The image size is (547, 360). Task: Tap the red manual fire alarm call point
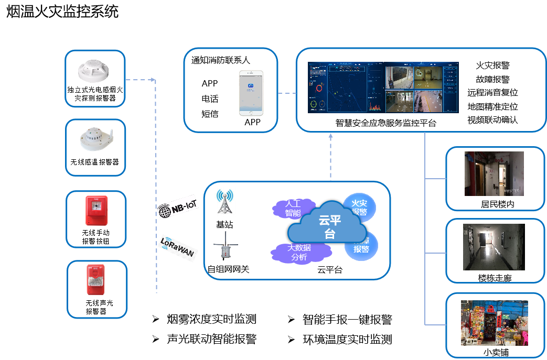[96, 210]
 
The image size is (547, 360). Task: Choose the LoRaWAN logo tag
[178, 248]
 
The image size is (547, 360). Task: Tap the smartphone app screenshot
[251, 93]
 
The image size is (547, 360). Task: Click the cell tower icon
[224, 201]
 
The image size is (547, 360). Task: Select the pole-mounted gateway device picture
[226, 246]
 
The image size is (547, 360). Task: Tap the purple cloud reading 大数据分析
[299, 252]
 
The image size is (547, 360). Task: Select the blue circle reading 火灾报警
[360, 207]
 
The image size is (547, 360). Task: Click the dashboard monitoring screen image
[383, 88]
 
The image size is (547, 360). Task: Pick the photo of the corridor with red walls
[494, 173]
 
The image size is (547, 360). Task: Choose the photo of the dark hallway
[493, 247]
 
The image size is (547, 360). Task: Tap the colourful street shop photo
[494, 322]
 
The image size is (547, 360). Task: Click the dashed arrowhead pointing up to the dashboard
[331, 136]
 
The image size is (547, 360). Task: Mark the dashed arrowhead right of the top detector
[153, 80]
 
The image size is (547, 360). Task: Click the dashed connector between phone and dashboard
[287, 94]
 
